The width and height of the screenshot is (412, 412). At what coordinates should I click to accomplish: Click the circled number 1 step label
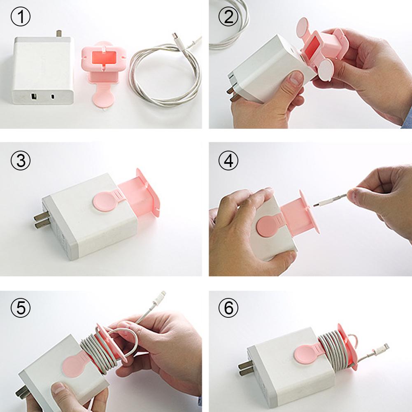(x=20, y=18)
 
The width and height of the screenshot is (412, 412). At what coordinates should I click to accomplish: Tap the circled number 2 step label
(x=229, y=18)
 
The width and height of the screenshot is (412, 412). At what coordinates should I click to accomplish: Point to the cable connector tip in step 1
(x=176, y=39)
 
